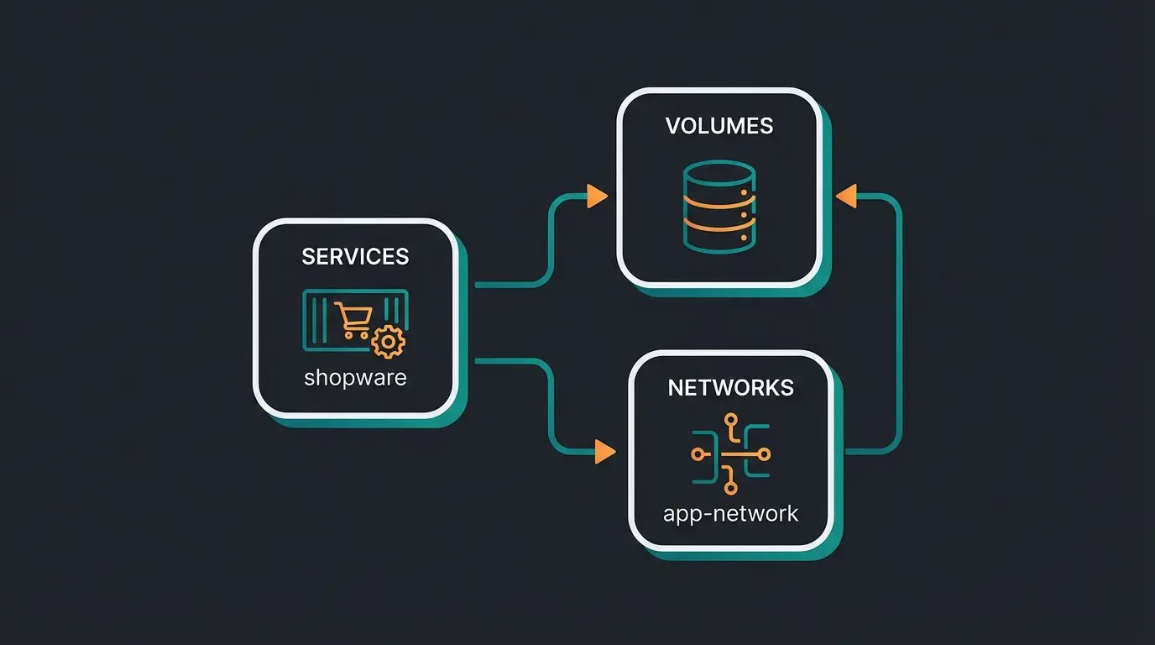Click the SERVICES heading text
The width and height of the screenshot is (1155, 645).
click(x=355, y=257)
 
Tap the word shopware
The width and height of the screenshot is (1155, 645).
click(x=355, y=377)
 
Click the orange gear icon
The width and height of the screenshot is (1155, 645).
click(x=388, y=341)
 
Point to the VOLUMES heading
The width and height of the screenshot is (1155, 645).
click(x=719, y=126)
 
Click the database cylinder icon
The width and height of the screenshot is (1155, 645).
click(x=719, y=206)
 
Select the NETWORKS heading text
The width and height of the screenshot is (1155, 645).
click(x=730, y=388)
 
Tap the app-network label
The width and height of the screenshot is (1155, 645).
click(x=730, y=513)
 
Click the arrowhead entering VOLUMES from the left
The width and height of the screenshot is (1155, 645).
click(x=597, y=197)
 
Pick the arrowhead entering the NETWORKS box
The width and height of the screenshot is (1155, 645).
click(x=604, y=452)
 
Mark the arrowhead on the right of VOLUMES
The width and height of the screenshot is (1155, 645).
click(x=845, y=197)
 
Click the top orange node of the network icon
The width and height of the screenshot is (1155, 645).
click(x=730, y=419)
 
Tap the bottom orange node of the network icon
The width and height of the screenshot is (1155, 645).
click(x=730, y=488)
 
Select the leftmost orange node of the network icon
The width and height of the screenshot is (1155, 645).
click(x=697, y=454)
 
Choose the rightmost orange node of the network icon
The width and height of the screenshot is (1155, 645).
click(x=764, y=454)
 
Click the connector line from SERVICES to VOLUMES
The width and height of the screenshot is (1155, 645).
click(x=550, y=244)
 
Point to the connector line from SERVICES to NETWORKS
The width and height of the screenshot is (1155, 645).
click(x=550, y=403)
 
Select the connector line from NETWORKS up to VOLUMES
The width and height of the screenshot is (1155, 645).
click(x=899, y=328)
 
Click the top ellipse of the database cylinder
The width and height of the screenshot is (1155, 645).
click(x=719, y=172)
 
